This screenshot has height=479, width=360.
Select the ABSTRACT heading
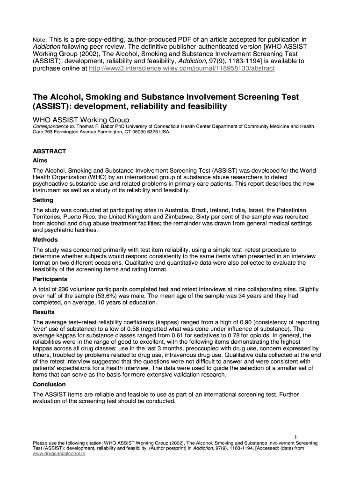pos(49,152)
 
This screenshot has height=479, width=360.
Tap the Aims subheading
pos(40,160)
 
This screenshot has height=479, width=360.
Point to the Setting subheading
pos(43,200)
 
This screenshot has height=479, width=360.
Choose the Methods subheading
pos(45,240)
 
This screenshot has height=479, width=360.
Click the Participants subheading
pos(50,279)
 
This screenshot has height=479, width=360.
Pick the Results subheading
pos(43,312)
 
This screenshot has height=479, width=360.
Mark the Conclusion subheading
pos(49,385)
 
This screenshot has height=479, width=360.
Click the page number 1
pos(296,437)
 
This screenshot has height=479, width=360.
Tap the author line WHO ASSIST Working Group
pos(80,120)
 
